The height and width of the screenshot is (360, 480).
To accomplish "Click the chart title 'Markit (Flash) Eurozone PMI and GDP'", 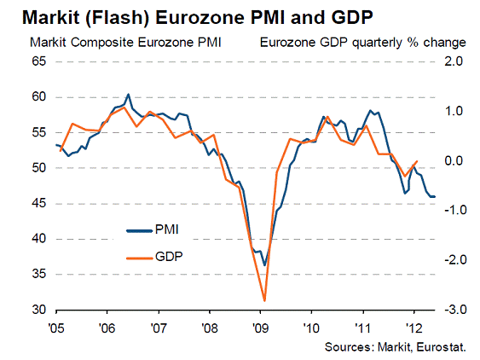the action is [198, 17].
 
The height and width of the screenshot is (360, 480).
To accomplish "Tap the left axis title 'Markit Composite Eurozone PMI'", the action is [125, 43].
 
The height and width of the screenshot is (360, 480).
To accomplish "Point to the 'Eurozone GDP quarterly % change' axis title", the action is [362, 43].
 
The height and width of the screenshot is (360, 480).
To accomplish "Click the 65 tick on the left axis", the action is [39, 61].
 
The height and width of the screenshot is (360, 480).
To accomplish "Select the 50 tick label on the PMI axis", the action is [39, 168].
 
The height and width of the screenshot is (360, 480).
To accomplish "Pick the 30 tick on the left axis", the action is [39, 310].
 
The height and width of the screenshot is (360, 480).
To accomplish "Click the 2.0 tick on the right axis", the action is [454, 61].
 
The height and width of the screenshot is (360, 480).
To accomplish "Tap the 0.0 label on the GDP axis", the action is [454, 160].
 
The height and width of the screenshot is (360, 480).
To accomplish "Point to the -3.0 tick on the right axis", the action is [455, 310].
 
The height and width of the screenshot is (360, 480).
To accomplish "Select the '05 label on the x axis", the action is [56, 328].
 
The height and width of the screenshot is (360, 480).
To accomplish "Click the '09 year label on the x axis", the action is [261, 328].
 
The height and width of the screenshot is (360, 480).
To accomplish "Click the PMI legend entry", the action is [153, 229].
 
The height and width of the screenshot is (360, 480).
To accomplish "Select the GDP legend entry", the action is [154, 257].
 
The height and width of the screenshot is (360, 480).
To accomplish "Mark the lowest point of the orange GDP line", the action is [264, 301].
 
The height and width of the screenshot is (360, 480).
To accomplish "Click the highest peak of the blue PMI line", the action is [128, 94].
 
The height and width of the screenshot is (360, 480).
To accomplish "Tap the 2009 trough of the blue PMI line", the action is [265, 265].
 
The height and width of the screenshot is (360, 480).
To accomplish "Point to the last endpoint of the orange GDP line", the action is [417, 161].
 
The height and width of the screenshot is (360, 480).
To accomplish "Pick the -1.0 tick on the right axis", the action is [455, 210].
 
